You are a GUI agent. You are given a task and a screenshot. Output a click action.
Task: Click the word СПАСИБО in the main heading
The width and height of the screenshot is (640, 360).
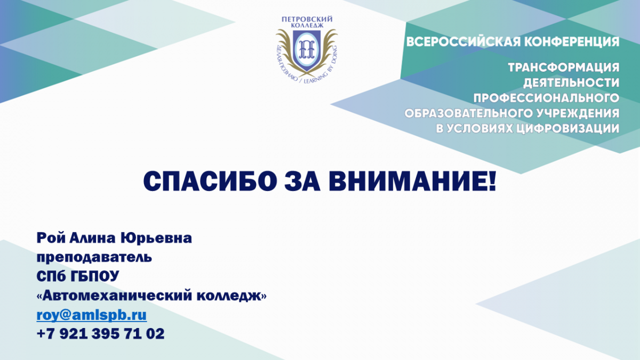point(210,181)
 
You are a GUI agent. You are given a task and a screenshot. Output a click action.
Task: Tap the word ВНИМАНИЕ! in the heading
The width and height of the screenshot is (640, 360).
point(412,181)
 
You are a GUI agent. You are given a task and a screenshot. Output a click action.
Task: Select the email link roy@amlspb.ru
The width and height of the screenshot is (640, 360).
point(92,315)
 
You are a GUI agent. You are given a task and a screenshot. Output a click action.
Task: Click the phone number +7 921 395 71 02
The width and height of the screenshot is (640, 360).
point(101,334)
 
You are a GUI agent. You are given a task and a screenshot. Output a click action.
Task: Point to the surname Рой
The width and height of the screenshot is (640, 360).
point(51,238)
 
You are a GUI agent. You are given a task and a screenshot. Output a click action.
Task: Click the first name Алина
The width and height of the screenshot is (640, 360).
point(93,238)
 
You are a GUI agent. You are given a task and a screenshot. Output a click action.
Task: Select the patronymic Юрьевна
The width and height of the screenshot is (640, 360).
point(156,238)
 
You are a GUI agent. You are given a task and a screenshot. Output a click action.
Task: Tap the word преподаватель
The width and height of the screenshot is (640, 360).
point(94,258)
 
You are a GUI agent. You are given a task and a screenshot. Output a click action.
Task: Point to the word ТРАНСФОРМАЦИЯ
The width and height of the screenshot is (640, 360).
point(564,68)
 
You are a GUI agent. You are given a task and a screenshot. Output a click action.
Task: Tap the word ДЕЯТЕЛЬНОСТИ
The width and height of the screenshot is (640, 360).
point(571,83)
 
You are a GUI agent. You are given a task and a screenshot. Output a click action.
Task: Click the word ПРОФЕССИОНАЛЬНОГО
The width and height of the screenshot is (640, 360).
point(546,98)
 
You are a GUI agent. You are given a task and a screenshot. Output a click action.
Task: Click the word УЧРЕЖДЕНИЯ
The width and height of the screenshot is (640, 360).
point(577,114)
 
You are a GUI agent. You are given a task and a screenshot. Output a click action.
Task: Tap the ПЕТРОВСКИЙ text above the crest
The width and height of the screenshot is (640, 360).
point(307,19)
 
